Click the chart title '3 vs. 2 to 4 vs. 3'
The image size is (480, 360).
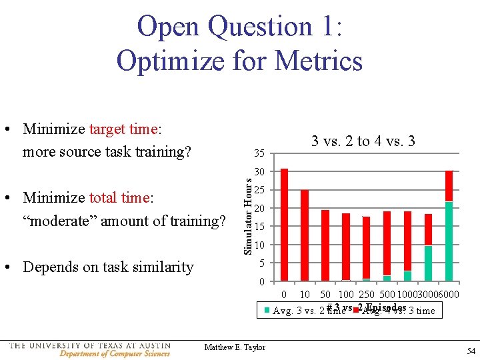(x=363, y=141)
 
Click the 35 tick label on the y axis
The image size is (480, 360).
(x=259, y=155)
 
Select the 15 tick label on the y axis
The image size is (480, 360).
(x=261, y=227)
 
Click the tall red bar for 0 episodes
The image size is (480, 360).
(x=285, y=224)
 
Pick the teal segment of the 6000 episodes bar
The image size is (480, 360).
(x=449, y=241)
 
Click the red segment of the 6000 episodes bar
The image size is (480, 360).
(x=449, y=186)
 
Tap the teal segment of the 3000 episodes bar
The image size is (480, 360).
(x=428, y=263)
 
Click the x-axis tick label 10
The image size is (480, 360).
(x=304, y=295)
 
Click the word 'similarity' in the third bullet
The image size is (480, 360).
(x=159, y=267)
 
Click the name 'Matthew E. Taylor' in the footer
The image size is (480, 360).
(x=235, y=347)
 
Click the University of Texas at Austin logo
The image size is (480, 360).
(x=90, y=349)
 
